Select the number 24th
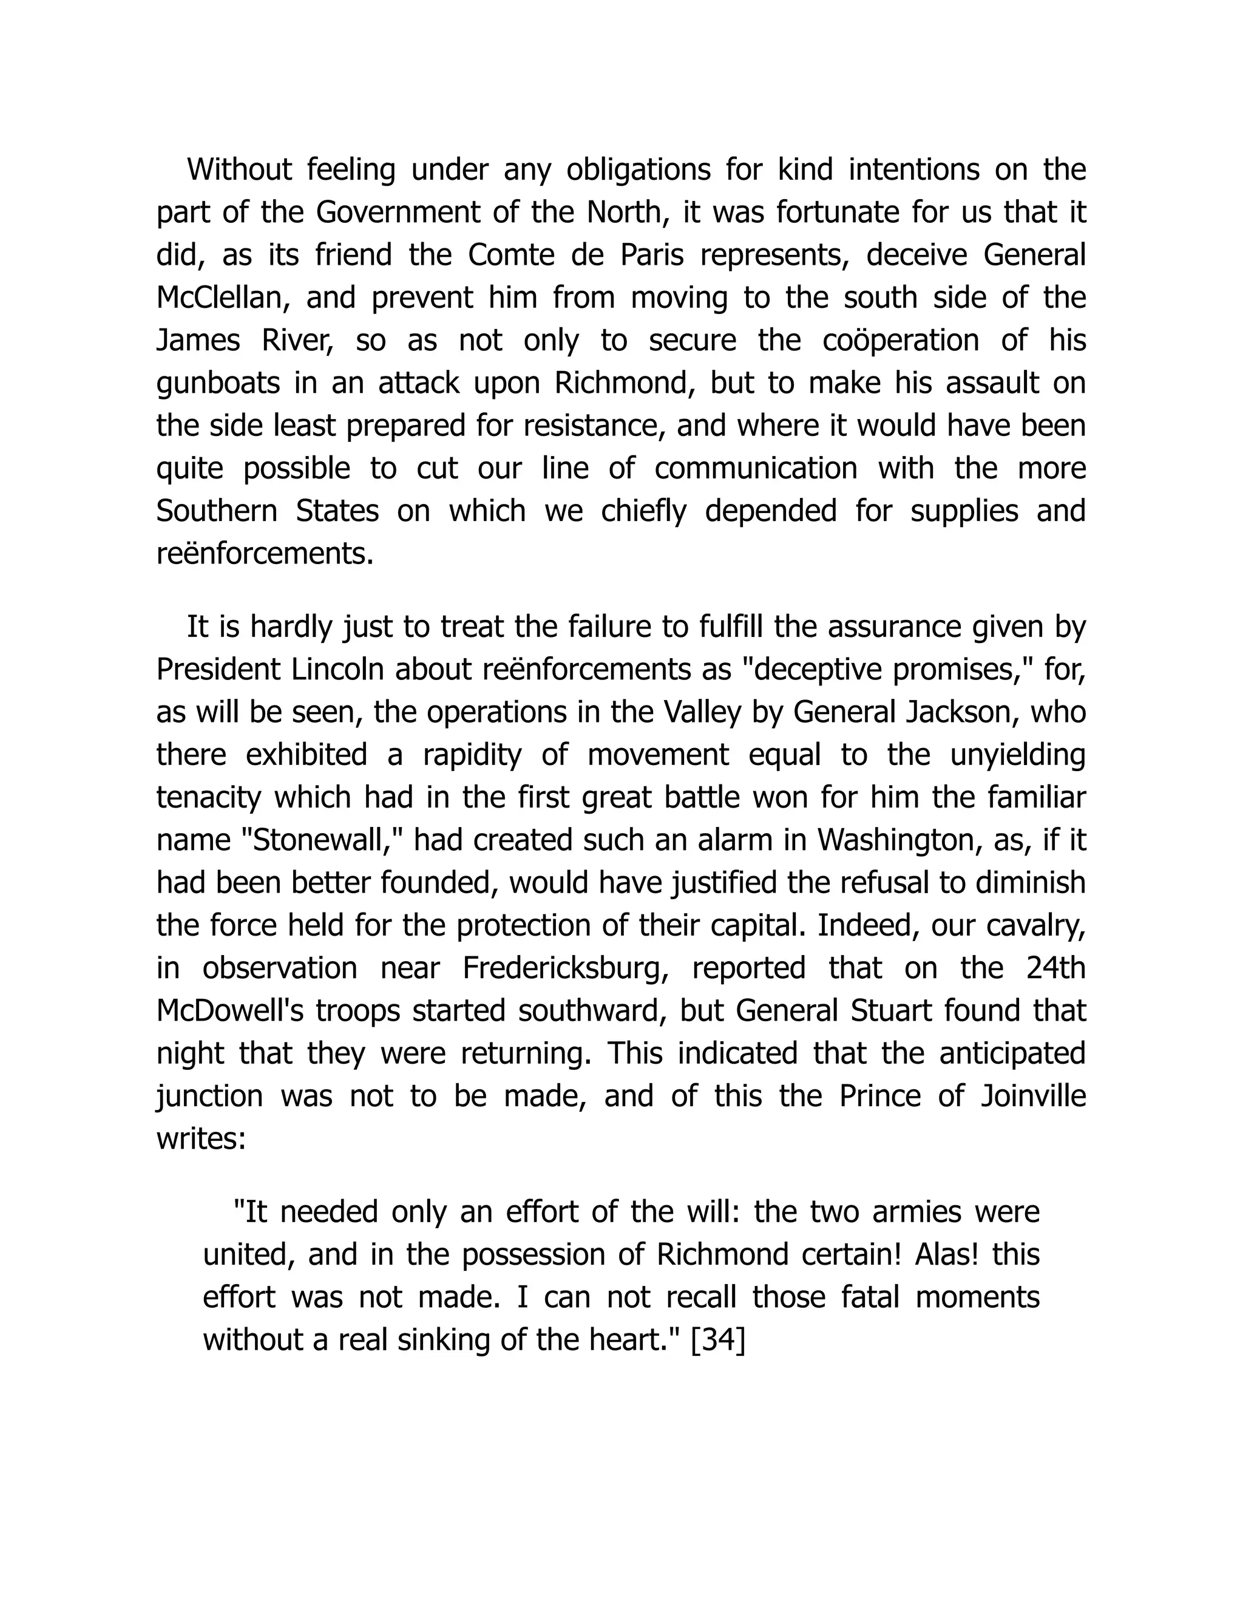pos(1056,968)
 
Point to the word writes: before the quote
pos(200,1139)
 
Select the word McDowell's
pos(231,1011)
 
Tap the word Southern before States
pos(217,511)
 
